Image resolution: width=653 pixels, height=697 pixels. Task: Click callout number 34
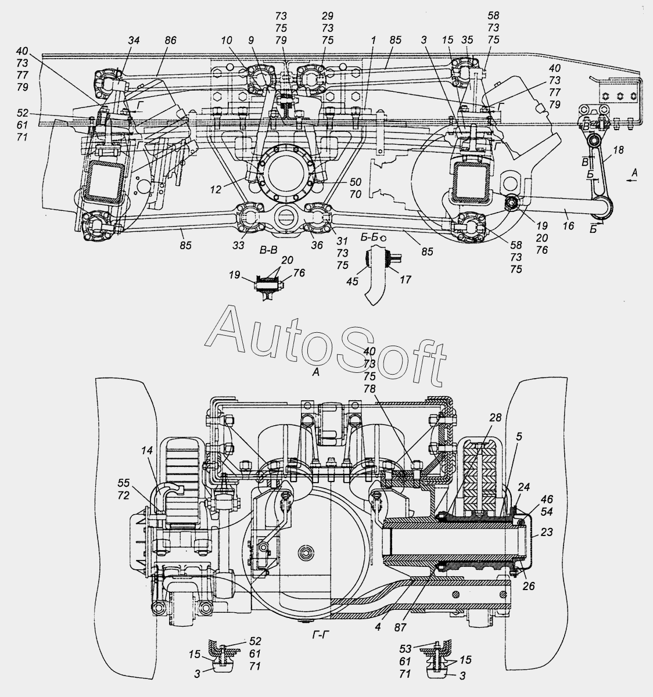pyautogui.click(x=134, y=40)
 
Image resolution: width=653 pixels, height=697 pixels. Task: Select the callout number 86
pyautogui.click(x=170, y=40)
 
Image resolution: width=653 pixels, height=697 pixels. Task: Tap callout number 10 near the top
pyautogui.click(x=227, y=40)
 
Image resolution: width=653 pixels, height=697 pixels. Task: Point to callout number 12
pyautogui.click(x=216, y=189)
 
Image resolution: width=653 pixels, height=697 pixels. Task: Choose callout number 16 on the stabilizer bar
pyautogui.click(x=568, y=226)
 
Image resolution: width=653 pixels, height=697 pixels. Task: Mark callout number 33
pyautogui.click(x=238, y=245)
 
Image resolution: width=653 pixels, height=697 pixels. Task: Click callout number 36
pyautogui.click(x=317, y=245)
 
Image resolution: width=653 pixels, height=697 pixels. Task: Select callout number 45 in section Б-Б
pyautogui.click(x=352, y=281)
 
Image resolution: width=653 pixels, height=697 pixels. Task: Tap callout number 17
pyautogui.click(x=405, y=280)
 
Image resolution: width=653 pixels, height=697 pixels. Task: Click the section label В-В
pyautogui.click(x=268, y=250)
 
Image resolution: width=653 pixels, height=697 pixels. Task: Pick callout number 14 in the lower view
pyautogui.click(x=147, y=450)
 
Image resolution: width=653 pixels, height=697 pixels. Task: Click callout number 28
pyautogui.click(x=496, y=417)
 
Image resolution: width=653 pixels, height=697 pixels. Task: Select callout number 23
pyautogui.click(x=547, y=532)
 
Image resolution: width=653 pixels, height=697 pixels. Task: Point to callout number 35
pyautogui.click(x=467, y=39)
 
